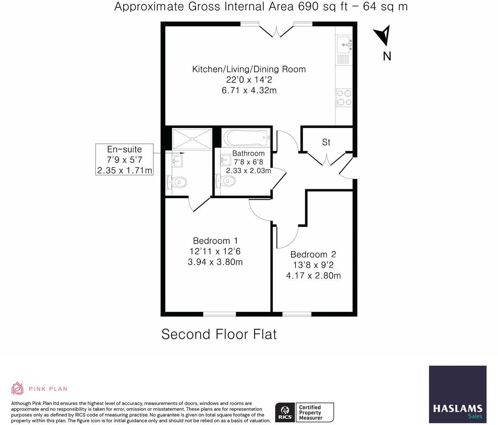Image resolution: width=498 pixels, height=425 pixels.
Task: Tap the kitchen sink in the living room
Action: click(x=344, y=44)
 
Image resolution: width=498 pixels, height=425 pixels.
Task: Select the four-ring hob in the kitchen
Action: click(x=344, y=97)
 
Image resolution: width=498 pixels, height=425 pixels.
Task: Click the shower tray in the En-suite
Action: click(x=192, y=139)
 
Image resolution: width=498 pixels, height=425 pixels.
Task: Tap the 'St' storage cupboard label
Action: click(x=326, y=143)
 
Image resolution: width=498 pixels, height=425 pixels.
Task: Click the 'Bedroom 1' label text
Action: click(x=215, y=241)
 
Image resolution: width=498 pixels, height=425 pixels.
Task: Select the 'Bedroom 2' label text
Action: click(x=313, y=254)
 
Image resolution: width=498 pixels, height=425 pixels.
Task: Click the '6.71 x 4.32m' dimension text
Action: click(x=249, y=90)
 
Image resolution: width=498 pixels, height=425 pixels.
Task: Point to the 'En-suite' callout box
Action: click(x=124, y=159)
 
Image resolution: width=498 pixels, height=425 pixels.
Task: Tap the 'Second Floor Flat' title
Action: click(x=219, y=334)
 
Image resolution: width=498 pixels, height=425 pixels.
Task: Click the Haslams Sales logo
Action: click(x=457, y=394)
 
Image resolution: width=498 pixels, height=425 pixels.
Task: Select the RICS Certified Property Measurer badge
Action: click(x=304, y=412)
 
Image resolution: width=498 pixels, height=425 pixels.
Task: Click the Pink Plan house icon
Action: click(x=18, y=388)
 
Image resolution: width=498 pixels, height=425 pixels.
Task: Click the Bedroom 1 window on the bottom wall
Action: click(x=220, y=313)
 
